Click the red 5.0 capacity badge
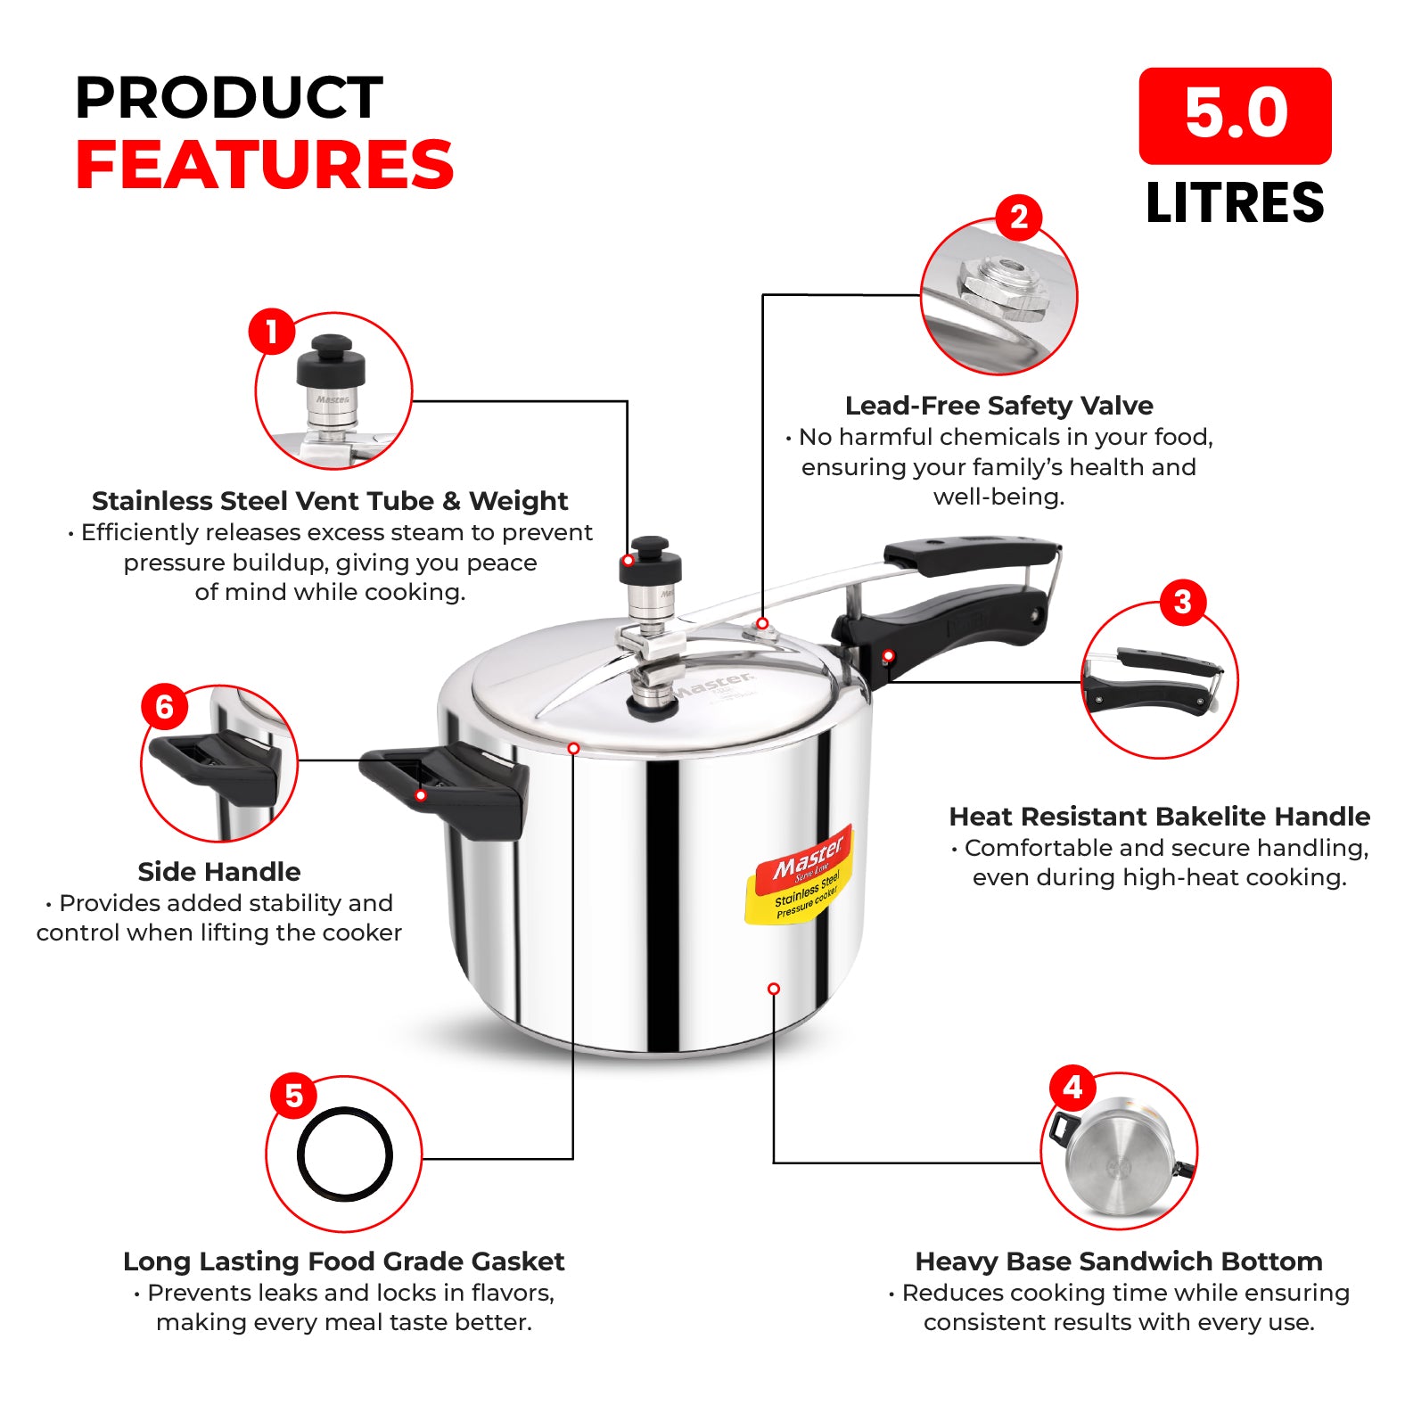click(1235, 116)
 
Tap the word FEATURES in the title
click(265, 166)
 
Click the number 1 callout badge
click(272, 332)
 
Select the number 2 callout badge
click(1019, 218)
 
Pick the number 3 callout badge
click(1183, 602)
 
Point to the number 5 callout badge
click(294, 1096)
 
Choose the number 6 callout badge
click(165, 707)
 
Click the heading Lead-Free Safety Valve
click(998, 407)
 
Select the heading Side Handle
click(219, 872)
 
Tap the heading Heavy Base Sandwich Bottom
click(1119, 1261)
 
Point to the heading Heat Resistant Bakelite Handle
click(1159, 817)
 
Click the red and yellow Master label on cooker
click(800, 875)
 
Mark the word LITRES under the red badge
click(1235, 203)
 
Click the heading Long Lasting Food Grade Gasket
click(343, 1261)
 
